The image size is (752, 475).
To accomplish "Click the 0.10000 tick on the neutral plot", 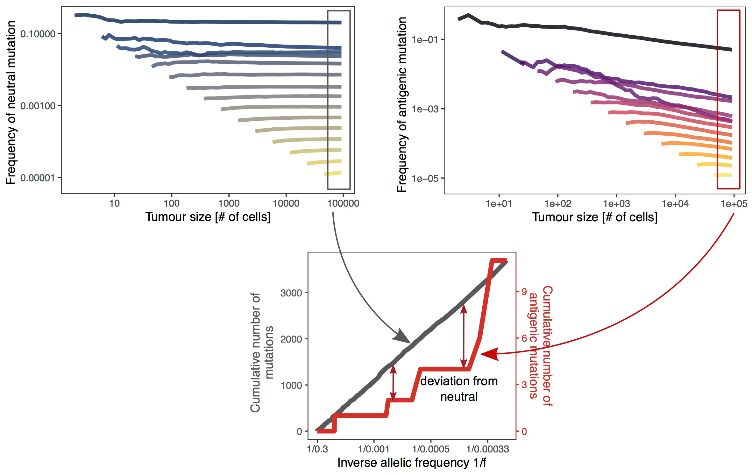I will (x=38, y=34).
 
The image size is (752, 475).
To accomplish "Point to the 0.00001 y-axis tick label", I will (x=38, y=178).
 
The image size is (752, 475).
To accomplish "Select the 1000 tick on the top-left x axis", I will (x=229, y=203).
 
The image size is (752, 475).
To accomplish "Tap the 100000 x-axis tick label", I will (x=343, y=203).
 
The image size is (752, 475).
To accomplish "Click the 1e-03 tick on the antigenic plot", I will (x=425, y=109).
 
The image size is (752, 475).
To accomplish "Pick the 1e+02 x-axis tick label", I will (x=558, y=204).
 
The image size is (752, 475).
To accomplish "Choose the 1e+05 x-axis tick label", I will (x=734, y=204).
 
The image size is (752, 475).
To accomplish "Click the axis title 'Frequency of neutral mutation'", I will (x=11, y=103).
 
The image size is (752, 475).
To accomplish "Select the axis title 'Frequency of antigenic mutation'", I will (x=402, y=104).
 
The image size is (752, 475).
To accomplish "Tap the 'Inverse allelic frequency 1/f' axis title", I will (x=412, y=463).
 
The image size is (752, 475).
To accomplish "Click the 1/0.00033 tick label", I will (x=487, y=449).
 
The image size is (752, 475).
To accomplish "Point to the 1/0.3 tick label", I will (x=317, y=449).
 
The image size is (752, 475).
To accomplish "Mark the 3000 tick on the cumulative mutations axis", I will (x=291, y=293).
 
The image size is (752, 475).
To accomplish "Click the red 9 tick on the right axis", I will (x=524, y=292).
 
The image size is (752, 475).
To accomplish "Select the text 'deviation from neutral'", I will (x=459, y=389).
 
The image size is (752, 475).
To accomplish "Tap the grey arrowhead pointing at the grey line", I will (x=402, y=338).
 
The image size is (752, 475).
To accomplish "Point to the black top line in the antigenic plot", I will (x=605, y=33).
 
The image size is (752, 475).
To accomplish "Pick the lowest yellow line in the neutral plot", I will (x=333, y=174).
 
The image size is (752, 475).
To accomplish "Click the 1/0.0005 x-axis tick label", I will (x=431, y=449).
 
